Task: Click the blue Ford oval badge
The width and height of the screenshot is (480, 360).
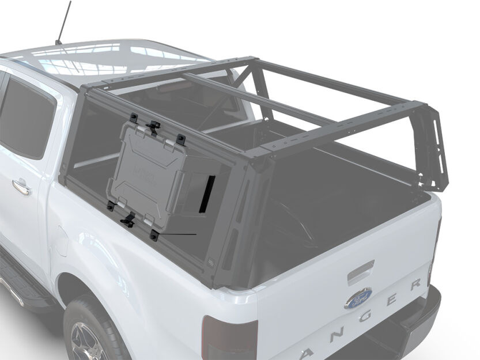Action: click(x=358, y=298)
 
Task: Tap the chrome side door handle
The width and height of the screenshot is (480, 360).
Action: click(x=21, y=186)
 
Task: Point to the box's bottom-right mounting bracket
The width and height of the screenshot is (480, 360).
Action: click(x=154, y=234)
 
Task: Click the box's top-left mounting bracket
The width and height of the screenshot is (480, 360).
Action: click(x=134, y=117)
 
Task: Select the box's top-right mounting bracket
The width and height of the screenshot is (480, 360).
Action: click(x=181, y=138)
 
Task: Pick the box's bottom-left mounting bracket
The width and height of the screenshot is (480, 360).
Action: click(x=110, y=206)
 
